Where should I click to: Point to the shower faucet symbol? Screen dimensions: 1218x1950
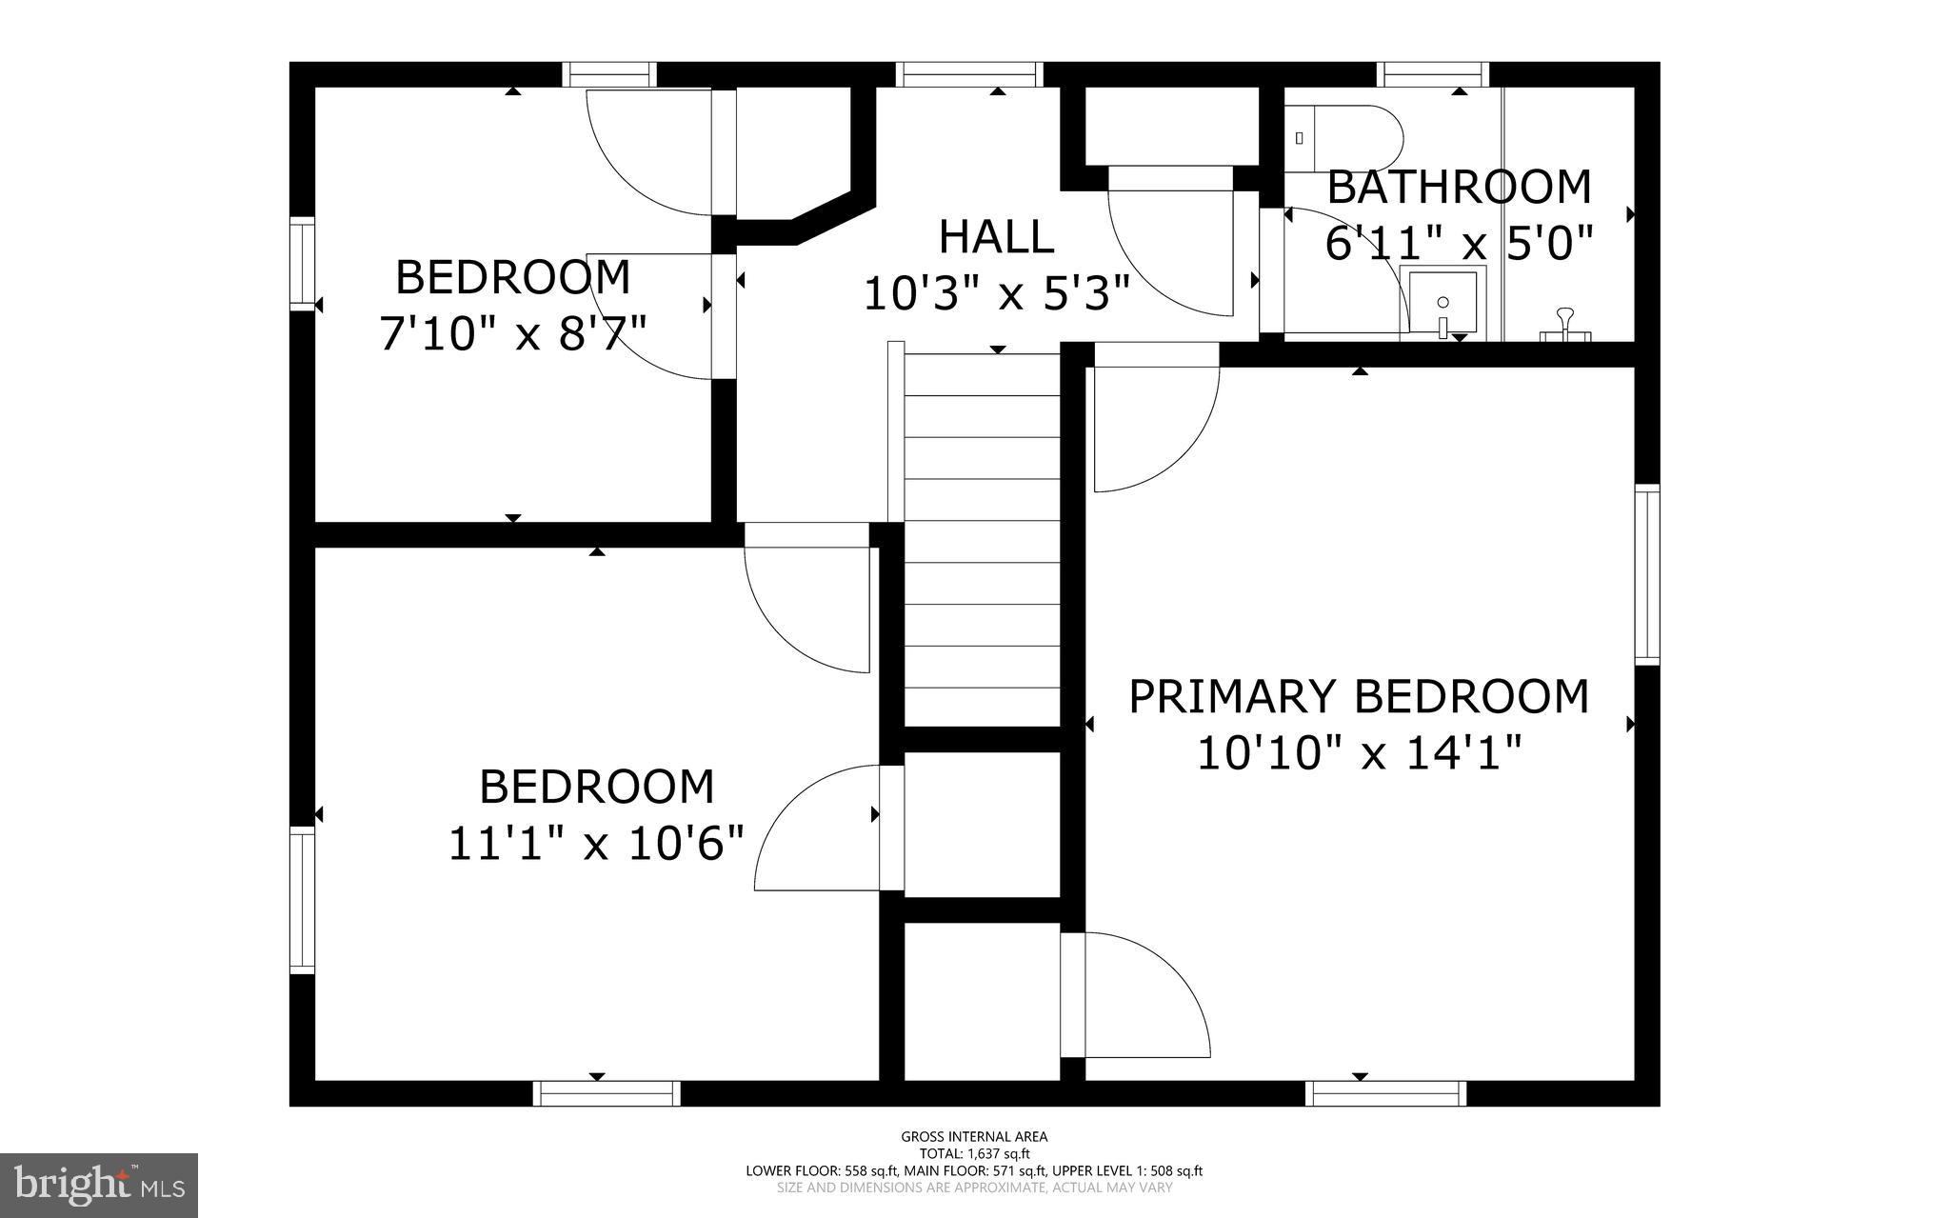click(1565, 325)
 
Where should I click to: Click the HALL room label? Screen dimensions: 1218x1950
click(996, 237)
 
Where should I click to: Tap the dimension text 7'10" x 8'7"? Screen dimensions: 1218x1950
click(513, 334)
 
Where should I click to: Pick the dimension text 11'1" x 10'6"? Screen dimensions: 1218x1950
click(596, 844)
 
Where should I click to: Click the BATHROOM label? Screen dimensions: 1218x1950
click(1459, 188)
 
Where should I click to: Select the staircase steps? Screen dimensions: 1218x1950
click(981, 533)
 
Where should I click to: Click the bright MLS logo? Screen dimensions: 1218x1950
click(99, 1184)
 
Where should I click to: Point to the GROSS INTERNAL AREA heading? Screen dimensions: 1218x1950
click(974, 1136)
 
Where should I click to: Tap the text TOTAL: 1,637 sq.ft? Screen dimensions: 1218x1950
click(974, 1153)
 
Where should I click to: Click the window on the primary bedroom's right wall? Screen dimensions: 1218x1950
click(1647, 574)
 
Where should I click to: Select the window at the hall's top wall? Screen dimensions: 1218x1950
click(969, 74)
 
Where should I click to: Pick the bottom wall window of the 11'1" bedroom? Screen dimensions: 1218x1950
click(607, 1093)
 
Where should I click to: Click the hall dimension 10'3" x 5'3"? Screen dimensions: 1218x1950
click(996, 293)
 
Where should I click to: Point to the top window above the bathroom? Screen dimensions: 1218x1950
click(1433, 74)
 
